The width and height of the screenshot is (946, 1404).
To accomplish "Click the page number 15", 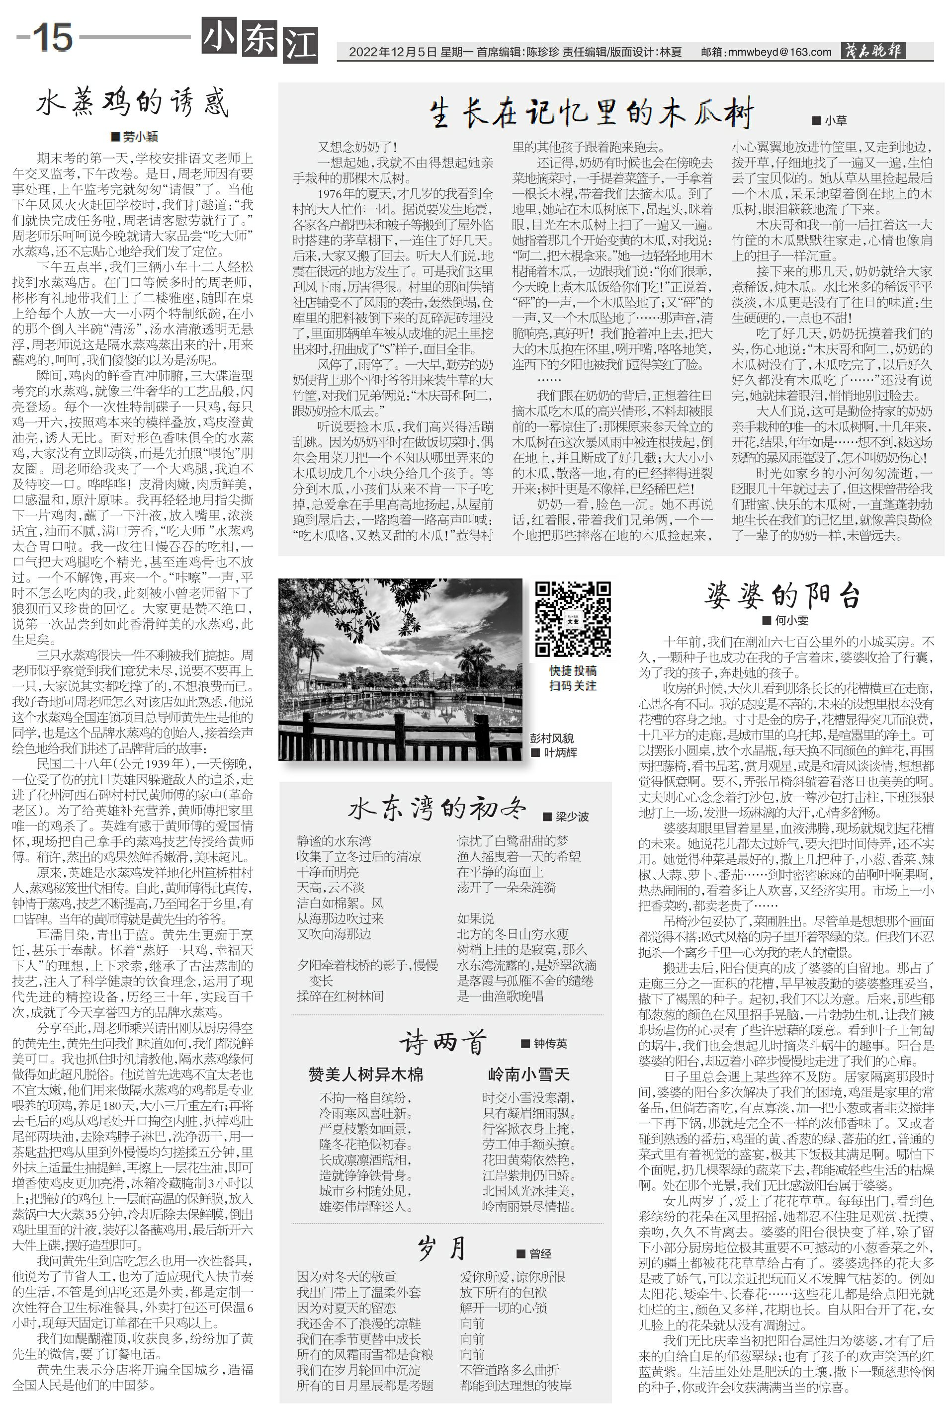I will point(53,37).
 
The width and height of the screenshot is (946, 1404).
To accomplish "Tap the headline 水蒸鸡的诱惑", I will point(133,102).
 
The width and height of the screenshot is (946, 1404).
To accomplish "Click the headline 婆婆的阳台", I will point(782,596).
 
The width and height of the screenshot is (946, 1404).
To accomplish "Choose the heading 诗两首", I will point(442,1042).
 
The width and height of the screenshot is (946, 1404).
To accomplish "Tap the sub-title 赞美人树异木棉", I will point(365,1074).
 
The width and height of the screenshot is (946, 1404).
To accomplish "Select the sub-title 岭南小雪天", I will point(528,1074).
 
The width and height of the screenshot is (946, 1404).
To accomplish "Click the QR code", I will point(573,618).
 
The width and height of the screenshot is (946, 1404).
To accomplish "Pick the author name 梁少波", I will point(571,817).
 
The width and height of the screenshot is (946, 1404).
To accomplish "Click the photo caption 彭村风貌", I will point(551,738).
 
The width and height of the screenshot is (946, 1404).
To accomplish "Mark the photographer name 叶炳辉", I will point(560,752).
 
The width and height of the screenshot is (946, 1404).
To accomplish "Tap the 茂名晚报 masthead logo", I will point(873,51).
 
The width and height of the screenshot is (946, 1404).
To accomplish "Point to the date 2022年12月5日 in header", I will point(392,53).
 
